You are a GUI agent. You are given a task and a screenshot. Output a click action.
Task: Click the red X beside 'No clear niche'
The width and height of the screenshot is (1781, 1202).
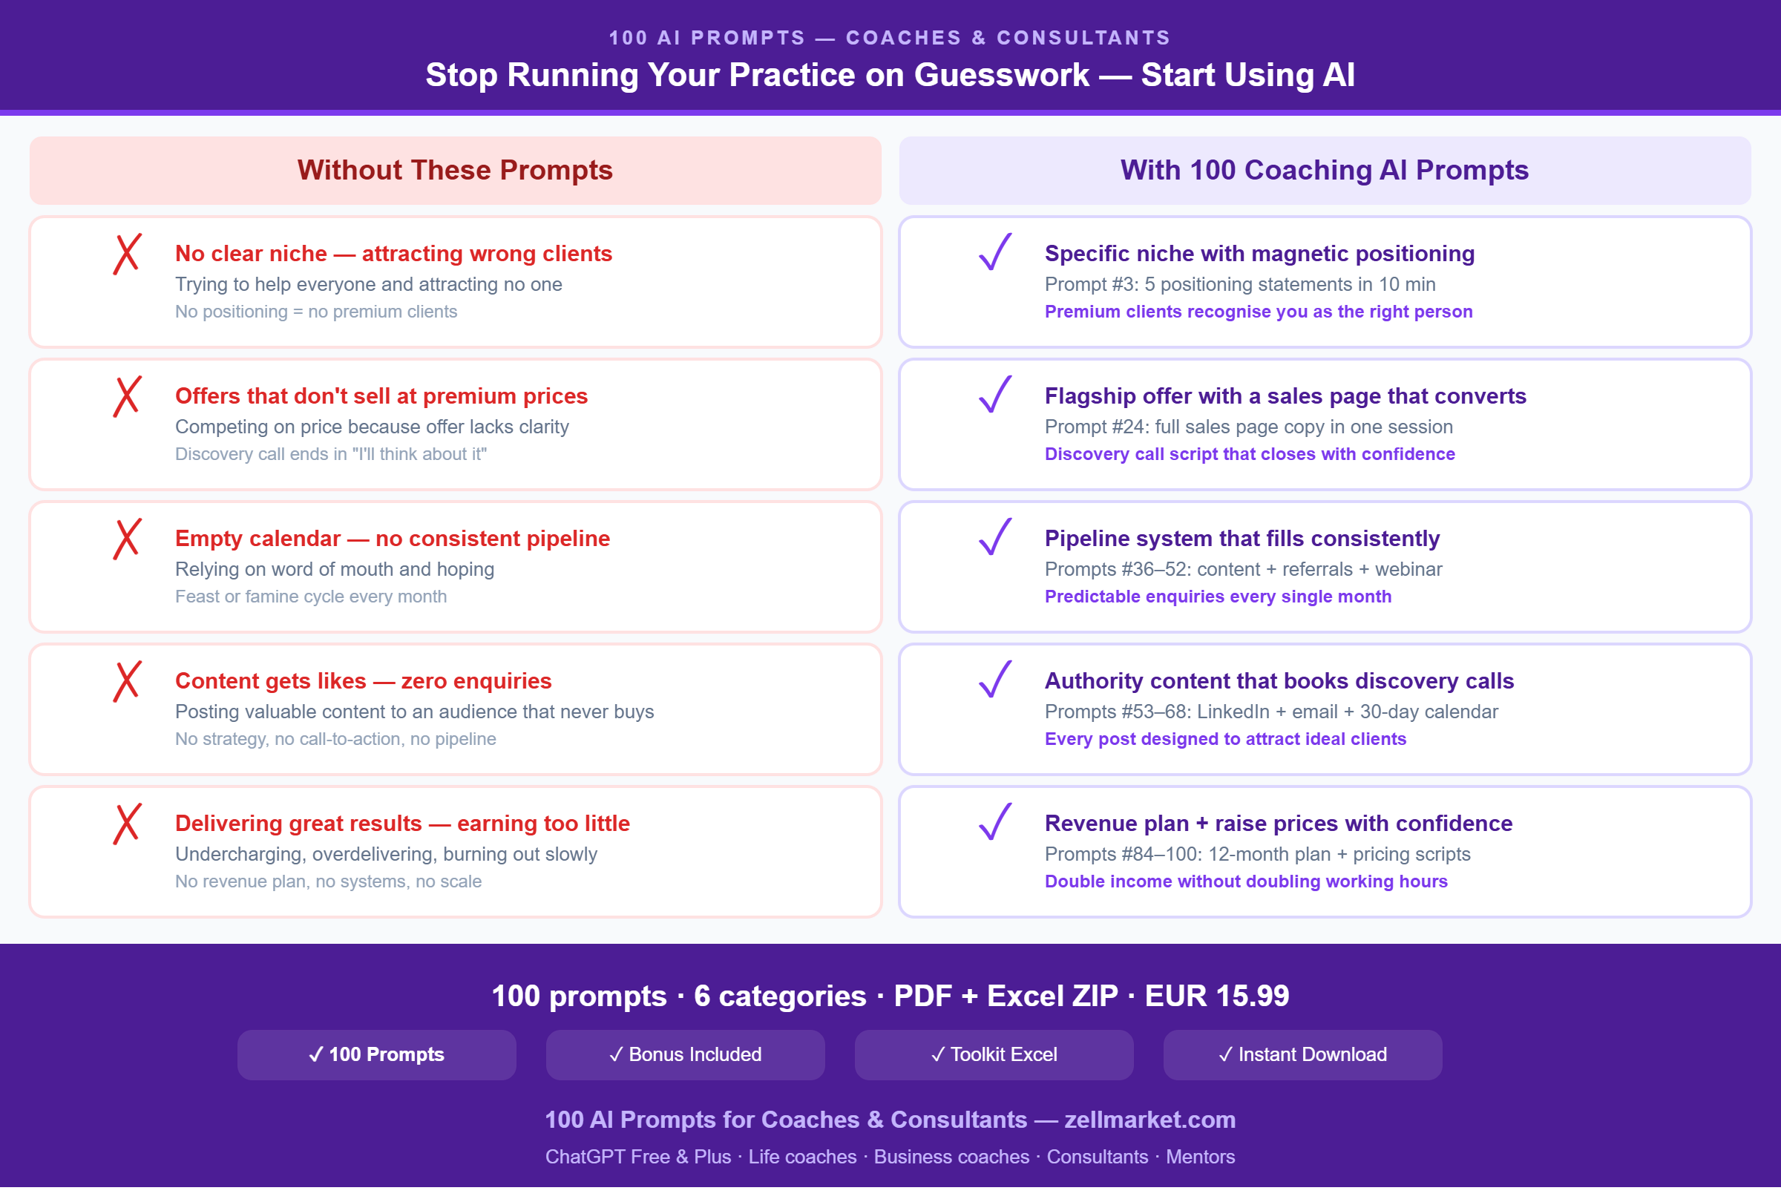pyautogui.click(x=127, y=254)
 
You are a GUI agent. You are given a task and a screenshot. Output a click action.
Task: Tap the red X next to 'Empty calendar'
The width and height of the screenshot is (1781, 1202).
pyautogui.click(x=127, y=539)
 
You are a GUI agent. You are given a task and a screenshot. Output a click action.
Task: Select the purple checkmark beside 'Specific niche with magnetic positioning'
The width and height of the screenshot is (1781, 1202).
pyautogui.click(x=995, y=252)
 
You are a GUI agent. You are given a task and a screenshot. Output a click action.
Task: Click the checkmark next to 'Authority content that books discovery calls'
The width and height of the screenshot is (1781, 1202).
pyautogui.click(x=995, y=680)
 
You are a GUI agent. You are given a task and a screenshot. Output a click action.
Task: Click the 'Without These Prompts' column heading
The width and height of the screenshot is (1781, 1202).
pyautogui.click(x=455, y=170)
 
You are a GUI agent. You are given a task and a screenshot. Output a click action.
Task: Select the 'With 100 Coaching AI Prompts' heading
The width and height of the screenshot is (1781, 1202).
pyautogui.click(x=1325, y=170)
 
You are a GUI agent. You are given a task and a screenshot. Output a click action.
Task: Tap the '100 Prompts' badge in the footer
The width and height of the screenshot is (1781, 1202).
pyautogui.click(x=376, y=1054)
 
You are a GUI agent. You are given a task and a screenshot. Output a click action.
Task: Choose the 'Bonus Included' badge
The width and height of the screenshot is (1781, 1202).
pyautogui.click(x=685, y=1054)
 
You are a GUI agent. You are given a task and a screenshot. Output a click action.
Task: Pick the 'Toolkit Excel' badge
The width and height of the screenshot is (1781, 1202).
pyautogui.click(x=994, y=1054)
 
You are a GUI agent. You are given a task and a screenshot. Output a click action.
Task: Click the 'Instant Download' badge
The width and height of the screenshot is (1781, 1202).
pyautogui.click(x=1303, y=1054)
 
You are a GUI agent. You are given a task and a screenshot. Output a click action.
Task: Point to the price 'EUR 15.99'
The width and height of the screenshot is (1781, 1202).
pyautogui.click(x=1217, y=996)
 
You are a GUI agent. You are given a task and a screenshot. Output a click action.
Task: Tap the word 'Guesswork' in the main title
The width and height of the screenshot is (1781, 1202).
pyautogui.click(x=1002, y=75)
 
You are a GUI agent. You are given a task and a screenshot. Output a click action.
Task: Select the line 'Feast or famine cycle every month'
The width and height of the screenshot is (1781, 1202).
pyautogui.click(x=311, y=596)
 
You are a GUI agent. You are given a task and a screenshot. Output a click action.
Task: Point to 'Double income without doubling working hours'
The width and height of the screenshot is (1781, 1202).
pyautogui.click(x=1246, y=881)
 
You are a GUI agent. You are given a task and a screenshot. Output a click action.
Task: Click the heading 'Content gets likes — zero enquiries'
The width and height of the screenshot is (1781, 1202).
pyautogui.click(x=364, y=681)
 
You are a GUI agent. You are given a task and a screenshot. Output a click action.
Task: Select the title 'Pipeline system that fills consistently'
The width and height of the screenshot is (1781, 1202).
pyautogui.click(x=1242, y=539)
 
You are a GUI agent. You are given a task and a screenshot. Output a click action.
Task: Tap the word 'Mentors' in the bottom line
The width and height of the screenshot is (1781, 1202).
pyautogui.click(x=1200, y=1157)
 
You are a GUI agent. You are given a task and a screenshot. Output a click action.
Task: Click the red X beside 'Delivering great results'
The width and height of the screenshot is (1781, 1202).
pyautogui.click(x=127, y=824)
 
